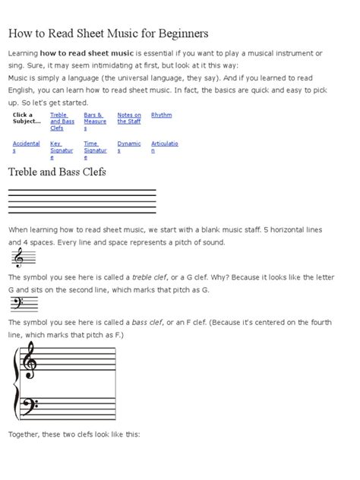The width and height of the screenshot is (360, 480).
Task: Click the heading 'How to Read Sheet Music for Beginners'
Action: click(x=108, y=34)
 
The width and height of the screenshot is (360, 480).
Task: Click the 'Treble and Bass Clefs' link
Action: click(x=62, y=122)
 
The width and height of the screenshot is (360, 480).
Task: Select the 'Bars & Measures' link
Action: click(x=95, y=122)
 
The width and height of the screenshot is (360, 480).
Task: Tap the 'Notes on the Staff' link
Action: click(x=128, y=118)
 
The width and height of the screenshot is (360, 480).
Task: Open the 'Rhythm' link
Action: click(x=161, y=115)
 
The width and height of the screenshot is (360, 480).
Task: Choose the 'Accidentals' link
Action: click(x=26, y=147)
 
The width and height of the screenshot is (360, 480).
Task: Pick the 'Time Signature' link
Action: click(x=91, y=150)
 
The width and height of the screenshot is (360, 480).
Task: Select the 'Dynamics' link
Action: click(x=128, y=147)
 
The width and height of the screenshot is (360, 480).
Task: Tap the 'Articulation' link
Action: click(x=164, y=147)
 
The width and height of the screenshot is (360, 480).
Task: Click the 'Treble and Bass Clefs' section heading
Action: click(x=57, y=172)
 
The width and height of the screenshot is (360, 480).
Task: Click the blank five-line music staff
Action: click(x=82, y=201)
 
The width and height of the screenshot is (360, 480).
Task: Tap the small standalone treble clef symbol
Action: click(x=18, y=258)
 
